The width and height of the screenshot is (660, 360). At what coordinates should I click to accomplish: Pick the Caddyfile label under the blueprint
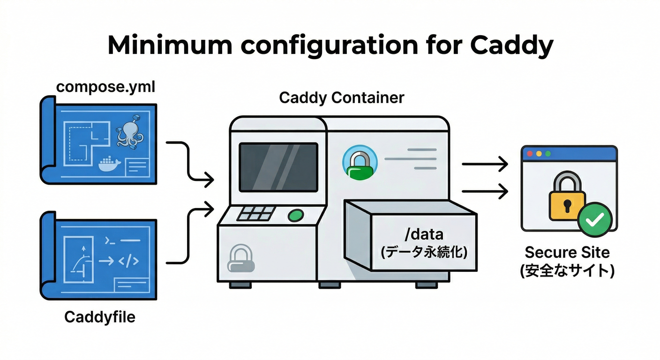pyautogui.click(x=99, y=317)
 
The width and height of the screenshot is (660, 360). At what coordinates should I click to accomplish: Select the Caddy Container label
pyautogui.click(x=341, y=98)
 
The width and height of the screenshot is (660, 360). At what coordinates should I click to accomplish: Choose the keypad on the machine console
pyautogui.click(x=256, y=214)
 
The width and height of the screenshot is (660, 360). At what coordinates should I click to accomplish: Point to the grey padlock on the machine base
pyautogui.click(x=240, y=260)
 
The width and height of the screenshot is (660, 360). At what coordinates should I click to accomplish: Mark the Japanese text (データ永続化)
pyautogui.click(x=424, y=252)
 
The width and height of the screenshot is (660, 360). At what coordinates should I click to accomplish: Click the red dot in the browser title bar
pyautogui.click(x=530, y=153)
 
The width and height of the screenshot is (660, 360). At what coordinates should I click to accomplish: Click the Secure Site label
pyautogui.click(x=567, y=253)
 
